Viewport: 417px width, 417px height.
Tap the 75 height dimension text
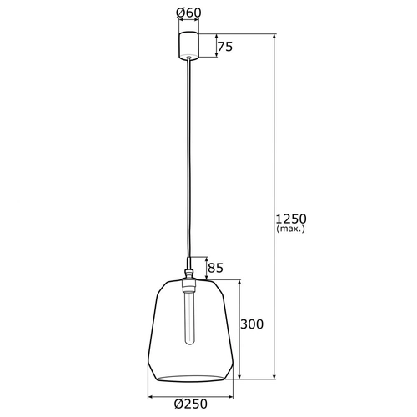(225, 48)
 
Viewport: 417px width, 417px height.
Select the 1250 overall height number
(291, 219)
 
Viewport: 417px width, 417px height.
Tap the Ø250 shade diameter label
(191, 405)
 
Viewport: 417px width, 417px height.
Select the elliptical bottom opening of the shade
(191, 374)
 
